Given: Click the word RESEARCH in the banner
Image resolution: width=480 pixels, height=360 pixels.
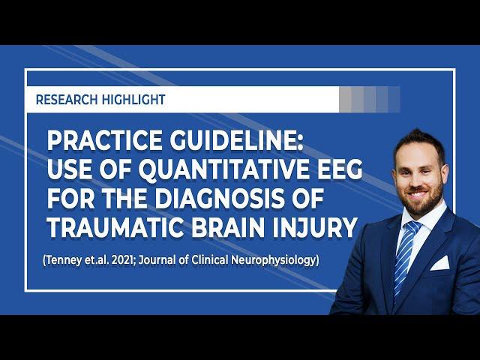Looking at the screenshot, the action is point(67,100).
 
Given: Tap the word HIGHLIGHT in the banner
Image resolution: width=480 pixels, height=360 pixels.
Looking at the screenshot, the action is point(133,100).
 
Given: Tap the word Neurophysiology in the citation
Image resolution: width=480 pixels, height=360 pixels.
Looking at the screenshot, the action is point(273,261).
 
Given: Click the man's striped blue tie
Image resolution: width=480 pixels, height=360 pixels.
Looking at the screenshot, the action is point(404,255).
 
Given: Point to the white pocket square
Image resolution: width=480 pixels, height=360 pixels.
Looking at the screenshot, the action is point(440,263).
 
